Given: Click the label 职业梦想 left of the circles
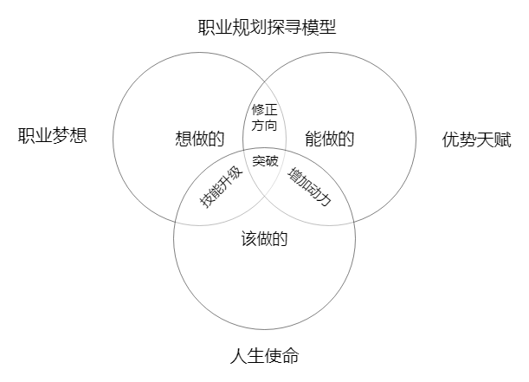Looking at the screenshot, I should pyautogui.click(x=53, y=136).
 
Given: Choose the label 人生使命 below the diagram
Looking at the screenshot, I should pyautogui.click(x=265, y=356).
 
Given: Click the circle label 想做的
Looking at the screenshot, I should pyautogui.click(x=199, y=139).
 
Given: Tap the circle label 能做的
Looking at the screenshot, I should pyautogui.click(x=330, y=139).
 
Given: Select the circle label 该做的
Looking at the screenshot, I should pyautogui.click(x=264, y=240).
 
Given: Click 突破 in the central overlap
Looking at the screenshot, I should pyautogui.click(x=266, y=160).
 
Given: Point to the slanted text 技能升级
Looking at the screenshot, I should pyautogui.click(x=220, y=185).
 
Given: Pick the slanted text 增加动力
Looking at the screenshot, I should pyautogui.click(x=311, y=185).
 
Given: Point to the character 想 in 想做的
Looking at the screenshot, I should pyautogui.click(x=183, y=139).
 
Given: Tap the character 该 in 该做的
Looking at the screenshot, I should pyautogui.click(x=248, y=240).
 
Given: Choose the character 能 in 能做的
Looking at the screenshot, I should pyautogui.click(x=313, y=139).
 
